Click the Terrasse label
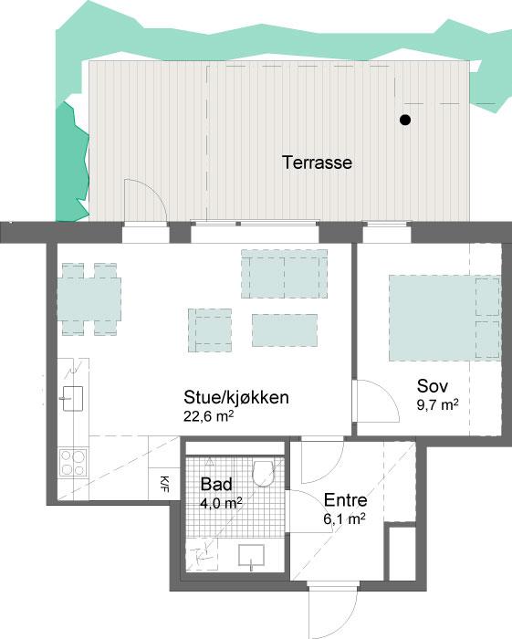click(x=317, y=162)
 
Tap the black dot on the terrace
click(x=404, y=120)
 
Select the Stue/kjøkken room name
click(x=236, y=398)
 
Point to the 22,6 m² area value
click(x=208, y=416)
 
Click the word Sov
click(x=433, y=386)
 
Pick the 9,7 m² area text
click(x=437, y=404)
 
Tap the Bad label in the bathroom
click(x=216, y=484)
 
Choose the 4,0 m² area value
click(x=221, y=503)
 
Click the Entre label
click(x=345, y=500)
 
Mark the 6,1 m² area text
click(x=345, y=519)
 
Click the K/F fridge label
click(x=164, y=484)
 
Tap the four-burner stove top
click(x=73, y=463)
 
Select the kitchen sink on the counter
click(x=73, y=398)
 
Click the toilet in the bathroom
click(x=263, y=473)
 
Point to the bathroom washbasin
click(x=251, y=556)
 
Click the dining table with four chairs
click(x=89, y=299)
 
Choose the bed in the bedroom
click(x=444, y=318)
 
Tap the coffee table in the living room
click(x=285, y=330)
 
